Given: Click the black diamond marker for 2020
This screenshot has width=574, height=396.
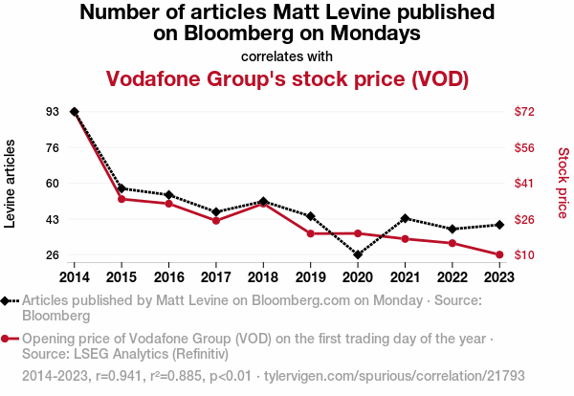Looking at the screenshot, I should (x=358, y=255).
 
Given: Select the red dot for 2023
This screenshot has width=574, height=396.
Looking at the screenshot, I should (x=499, y=255).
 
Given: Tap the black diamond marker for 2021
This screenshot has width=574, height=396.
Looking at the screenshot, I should (x=406, y=218).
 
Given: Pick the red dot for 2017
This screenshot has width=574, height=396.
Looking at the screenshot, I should (x=216, y=221).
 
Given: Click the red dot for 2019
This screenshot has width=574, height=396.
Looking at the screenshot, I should (x=311, y=233).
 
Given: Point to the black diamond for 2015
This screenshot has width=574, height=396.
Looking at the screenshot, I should (x=121, y=188).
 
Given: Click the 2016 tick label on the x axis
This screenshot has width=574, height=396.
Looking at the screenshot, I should (x=168, y=276).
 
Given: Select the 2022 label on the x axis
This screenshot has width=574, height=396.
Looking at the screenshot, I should (x=453, y=276).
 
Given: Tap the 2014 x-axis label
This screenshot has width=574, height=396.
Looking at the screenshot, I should (x=75, y=276).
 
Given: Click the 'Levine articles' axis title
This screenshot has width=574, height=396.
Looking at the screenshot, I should (x=11, y=184).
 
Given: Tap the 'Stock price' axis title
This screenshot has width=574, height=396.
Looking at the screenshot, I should (x=563, y=182).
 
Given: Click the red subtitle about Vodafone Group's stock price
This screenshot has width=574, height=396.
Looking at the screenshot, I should (x=287, y=78).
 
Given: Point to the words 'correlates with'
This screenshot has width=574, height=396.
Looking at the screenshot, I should (x=287, y=55).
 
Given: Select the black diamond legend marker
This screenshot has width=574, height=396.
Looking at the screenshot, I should (x=7, y=300).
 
